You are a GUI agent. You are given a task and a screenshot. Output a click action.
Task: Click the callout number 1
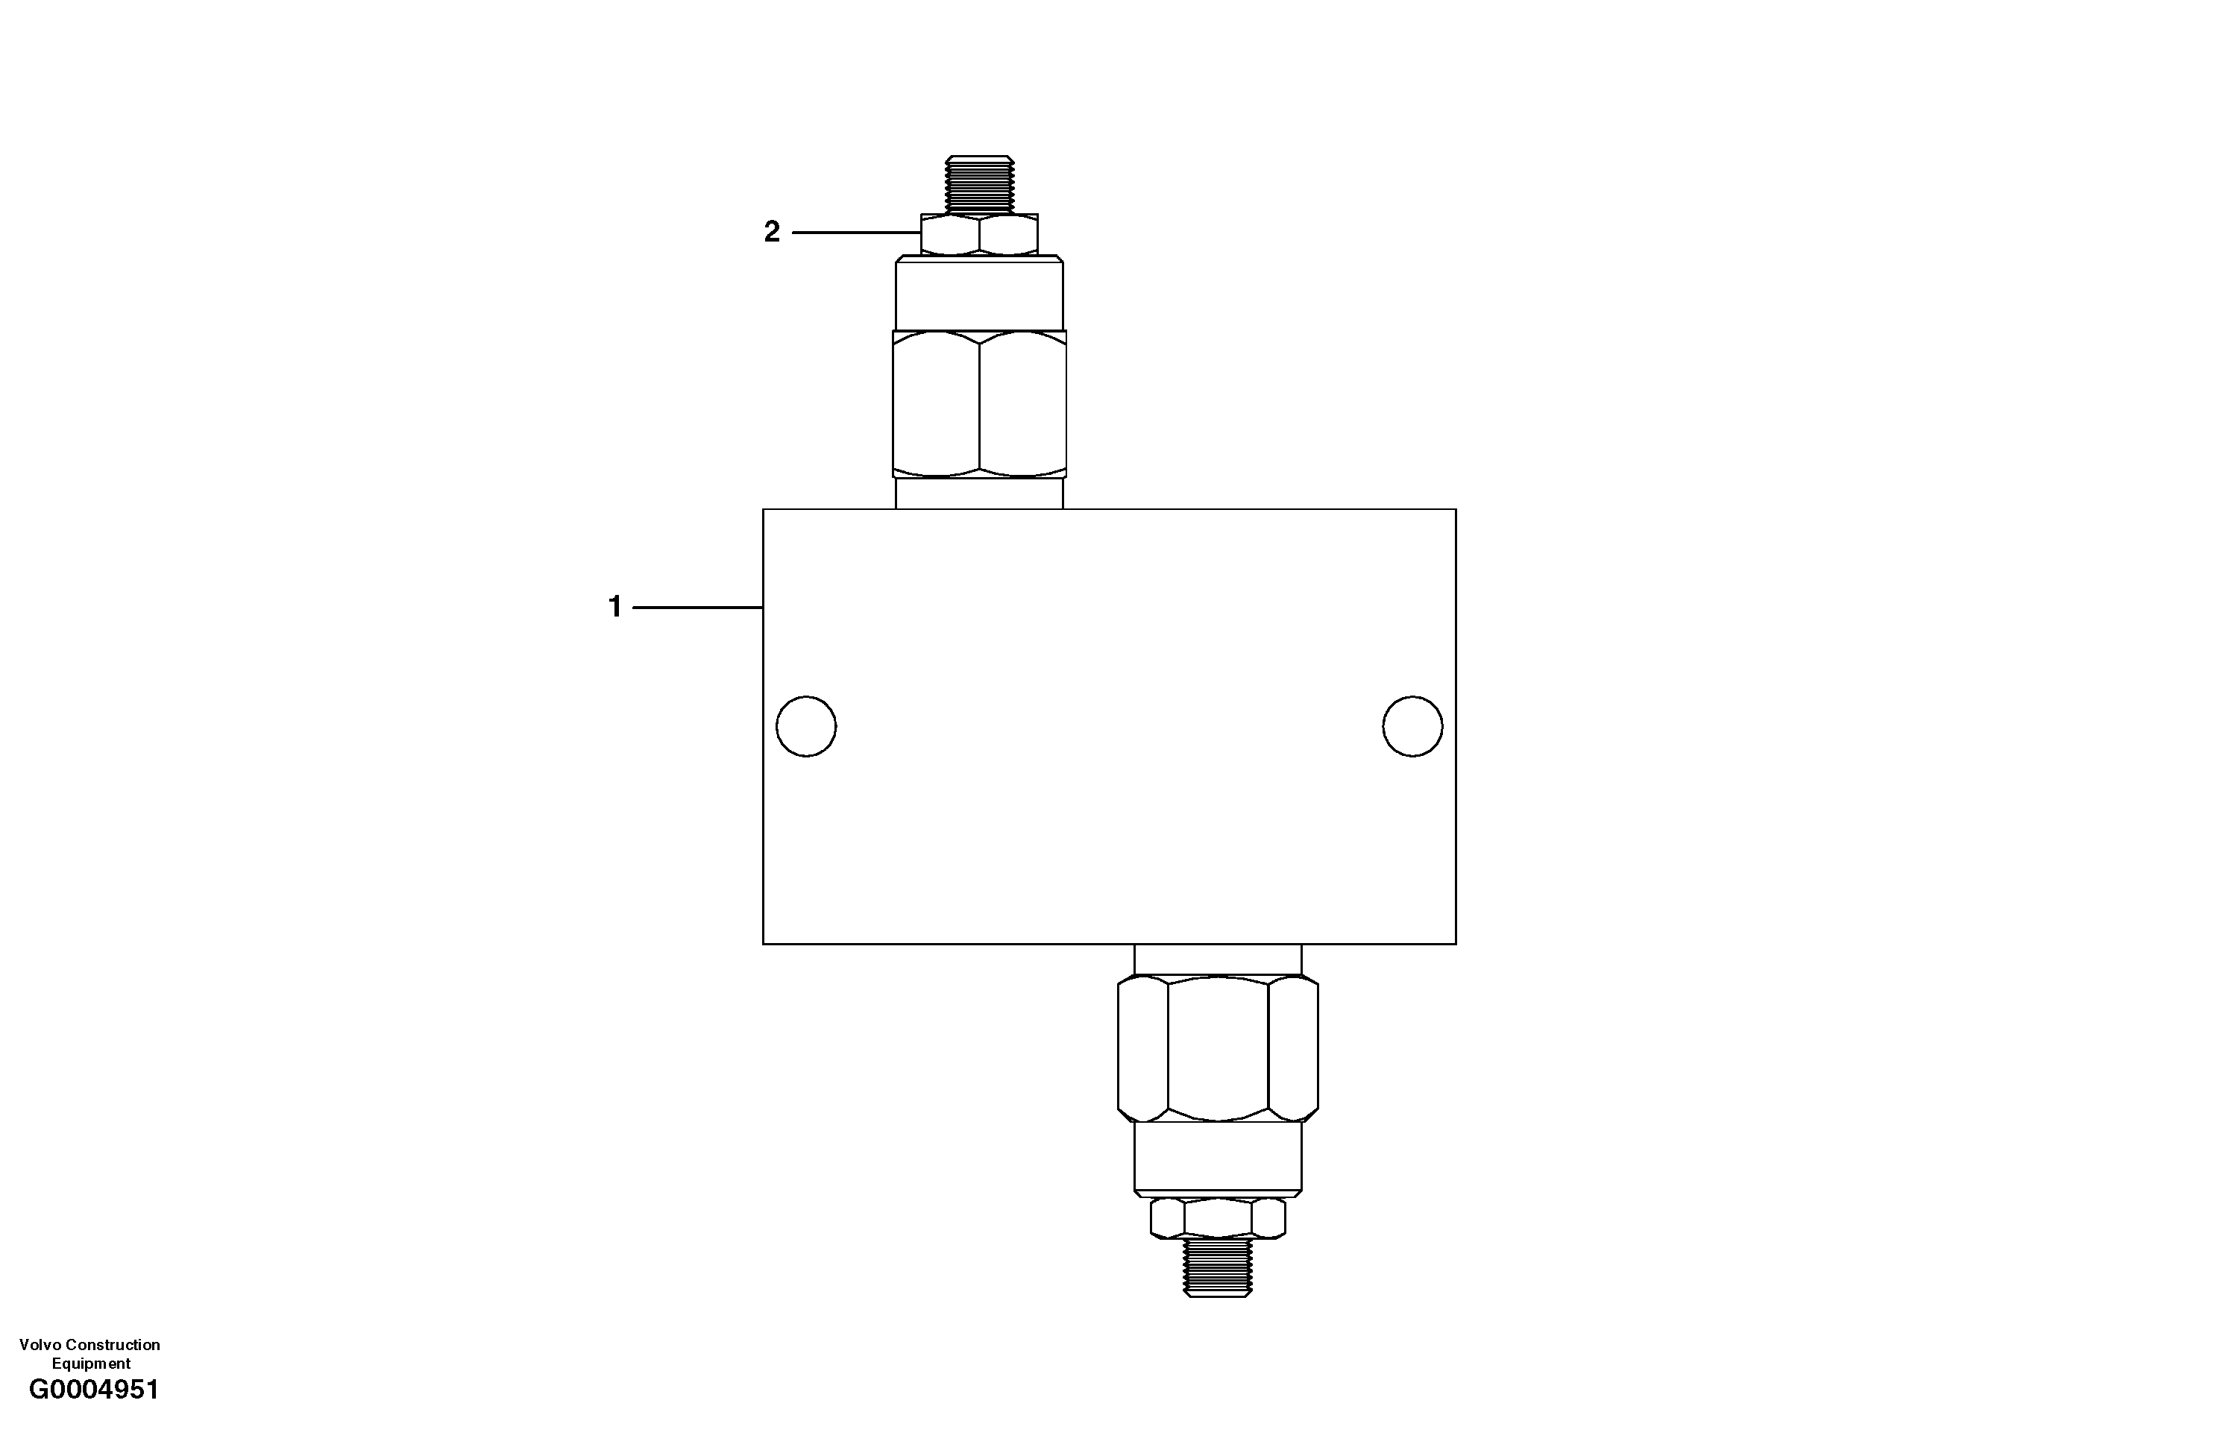click(x=614, y=607)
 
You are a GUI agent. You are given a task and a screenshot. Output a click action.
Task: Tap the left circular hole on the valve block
click(x=806, y=725)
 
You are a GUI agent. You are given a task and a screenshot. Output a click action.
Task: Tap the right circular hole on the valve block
click(x=1412, y=725)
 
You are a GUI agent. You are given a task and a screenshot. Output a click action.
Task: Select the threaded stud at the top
click(x=978, y=183)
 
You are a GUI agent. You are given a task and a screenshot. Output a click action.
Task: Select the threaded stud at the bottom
click(x=1217, y=1267)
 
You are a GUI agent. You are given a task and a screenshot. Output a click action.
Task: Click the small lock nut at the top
click(x=978, y=234)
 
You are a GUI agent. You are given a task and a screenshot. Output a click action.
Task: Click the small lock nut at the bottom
click(x=1217, y=1217)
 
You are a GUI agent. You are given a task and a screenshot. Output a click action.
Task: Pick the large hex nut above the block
click(x=978, y=404)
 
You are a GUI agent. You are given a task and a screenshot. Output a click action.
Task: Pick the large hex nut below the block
click(x=1217, y=1048)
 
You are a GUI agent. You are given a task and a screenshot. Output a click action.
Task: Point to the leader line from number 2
click(x=855, y=232)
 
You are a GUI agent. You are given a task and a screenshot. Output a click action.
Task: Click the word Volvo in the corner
click(x=38, y=1345)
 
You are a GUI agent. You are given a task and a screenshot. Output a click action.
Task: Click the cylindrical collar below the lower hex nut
click(x=1217, y=1157)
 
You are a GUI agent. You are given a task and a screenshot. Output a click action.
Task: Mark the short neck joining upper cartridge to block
click(x=978, y=494)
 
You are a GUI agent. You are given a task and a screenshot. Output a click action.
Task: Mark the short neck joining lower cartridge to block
click(x=1217, y=959)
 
